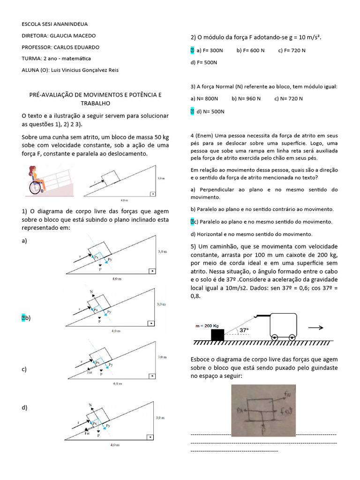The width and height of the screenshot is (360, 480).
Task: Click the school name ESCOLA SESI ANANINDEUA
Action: pos(54,24)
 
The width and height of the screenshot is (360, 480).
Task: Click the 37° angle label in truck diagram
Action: pos(244,330)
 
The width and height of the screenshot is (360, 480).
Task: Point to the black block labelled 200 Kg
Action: pos(217,335)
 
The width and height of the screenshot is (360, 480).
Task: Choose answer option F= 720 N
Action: pos(292,51)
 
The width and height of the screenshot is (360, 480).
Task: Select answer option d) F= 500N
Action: pos(204,62)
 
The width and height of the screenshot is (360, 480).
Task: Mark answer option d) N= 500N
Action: pos(210,112)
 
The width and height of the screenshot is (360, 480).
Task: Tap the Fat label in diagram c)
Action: pos(90,372)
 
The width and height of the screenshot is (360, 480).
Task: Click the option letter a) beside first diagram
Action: pos(24,240)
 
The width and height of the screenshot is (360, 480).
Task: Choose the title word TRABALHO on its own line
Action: pos(95,103)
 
